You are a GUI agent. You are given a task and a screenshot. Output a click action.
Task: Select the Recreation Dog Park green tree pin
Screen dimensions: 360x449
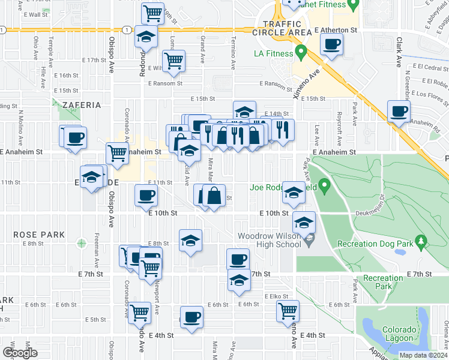[421, 242]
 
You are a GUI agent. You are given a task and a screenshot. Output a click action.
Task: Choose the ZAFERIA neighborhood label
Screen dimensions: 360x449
[81, 105]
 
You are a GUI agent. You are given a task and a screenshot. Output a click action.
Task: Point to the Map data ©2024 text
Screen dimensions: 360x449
[423, 355]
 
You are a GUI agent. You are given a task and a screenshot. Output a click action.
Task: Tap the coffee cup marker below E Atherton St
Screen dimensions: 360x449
[332, 43]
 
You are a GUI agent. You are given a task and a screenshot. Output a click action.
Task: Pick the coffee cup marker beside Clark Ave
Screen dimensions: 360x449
[399, 110]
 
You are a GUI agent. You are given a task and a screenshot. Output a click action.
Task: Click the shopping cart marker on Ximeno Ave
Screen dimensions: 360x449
[288, 310]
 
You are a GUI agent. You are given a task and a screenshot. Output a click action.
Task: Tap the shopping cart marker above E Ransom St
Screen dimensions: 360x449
[173, 60]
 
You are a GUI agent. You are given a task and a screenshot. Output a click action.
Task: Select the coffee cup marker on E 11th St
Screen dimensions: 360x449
[147, 194]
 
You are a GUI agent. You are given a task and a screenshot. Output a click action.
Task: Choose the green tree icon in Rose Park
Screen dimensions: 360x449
[81, 244]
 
